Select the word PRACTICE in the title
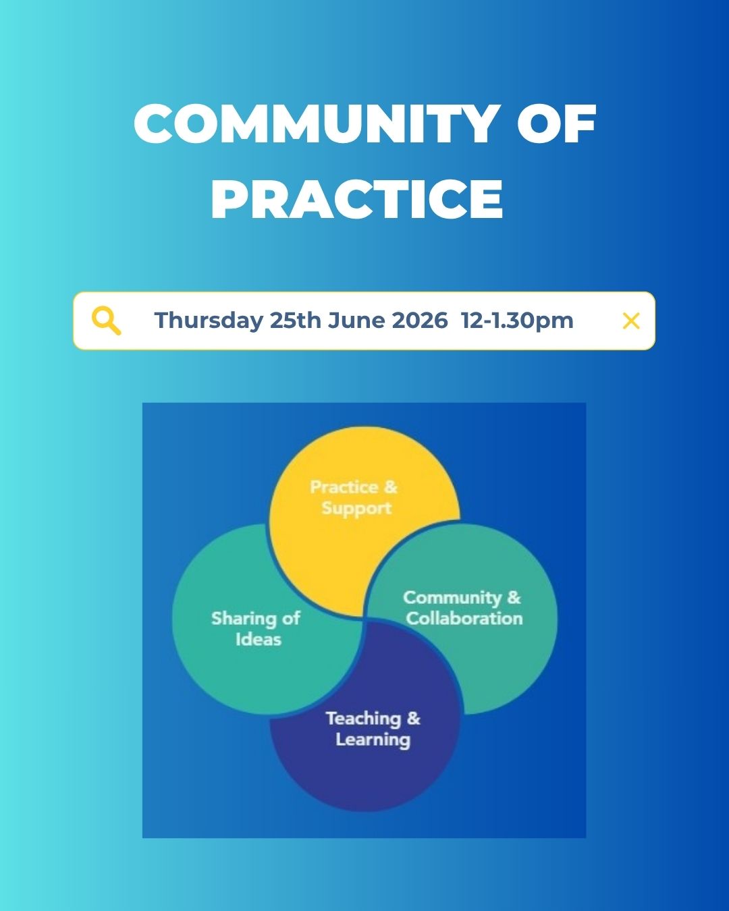357,199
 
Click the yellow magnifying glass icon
107,321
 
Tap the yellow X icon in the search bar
631,321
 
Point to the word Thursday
209,321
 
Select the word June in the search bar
356,320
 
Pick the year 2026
420,320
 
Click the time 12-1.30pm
517,321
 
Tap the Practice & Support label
354,498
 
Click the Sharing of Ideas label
256,629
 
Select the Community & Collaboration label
463,608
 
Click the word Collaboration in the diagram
464,619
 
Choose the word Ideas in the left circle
259,639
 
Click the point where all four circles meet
364,619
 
